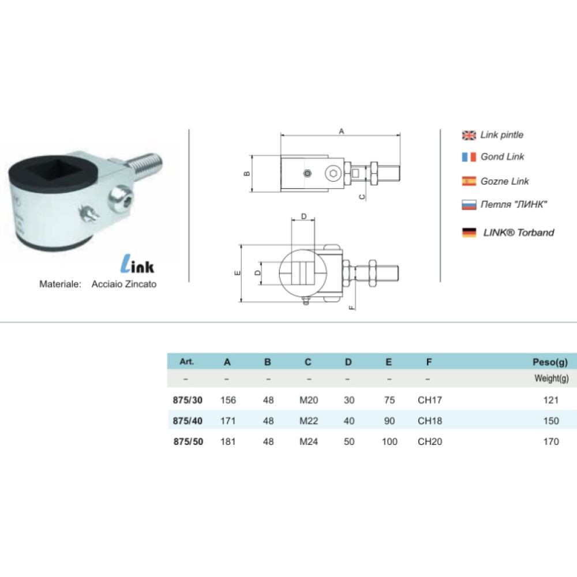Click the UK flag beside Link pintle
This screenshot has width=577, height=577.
pyautogui.click(x=469, y=135)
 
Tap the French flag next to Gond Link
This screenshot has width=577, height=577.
pyautogui.click(x=469, y=157)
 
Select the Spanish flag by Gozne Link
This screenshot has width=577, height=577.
pyautogui.click(x=469, y=181)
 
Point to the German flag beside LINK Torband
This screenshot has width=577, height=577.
pyautogui.click(x=469, y=233)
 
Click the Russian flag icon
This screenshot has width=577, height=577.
pyautogui.click(x=469, y=204)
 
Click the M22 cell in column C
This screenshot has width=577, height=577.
pyautogui.click(x=309, y=421)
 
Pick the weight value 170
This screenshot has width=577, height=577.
pyautogui.click(x=551, y=442)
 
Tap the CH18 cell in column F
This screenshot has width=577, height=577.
pyautogui.click(x=429, y=421)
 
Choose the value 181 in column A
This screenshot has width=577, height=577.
pyautogui.click(x=228, y=442)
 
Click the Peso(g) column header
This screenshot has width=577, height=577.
pyautogui.click(x=550, y=362)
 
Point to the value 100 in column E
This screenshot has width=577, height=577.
pyautogui.click(x=389, y=442)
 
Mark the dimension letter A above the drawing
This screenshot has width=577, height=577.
pyautogui.click(x=341, y=132)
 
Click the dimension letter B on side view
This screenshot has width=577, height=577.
pyautogui.click(x=246, y=174)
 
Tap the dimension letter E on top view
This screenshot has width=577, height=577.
pyautogui.click(x=237, y=273)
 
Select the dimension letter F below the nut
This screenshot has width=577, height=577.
pyautogui.click(x=351, y=306)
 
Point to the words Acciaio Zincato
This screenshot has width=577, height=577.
pyautogui.click(x=124, y=284)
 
